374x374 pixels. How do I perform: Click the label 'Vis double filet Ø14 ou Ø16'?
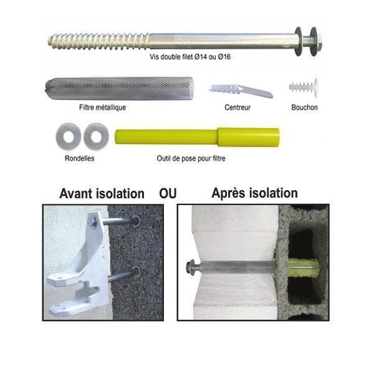[190, 57]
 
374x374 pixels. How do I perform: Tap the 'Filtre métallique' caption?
[103, 107]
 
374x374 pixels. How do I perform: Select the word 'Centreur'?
[237, 107]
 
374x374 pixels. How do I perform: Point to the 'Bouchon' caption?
[304, 107]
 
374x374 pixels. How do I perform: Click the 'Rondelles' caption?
[79, 158]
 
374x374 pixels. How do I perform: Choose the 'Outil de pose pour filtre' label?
[191, 158]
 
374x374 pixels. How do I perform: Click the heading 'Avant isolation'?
[102, 193]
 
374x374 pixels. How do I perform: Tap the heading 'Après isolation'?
[254, 193]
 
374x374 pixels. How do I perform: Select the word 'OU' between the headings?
[168, 193]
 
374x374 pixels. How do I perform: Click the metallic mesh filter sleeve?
[119, 89]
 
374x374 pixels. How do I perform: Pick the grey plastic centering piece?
[241, 90]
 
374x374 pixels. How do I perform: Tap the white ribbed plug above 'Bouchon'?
[304, 87]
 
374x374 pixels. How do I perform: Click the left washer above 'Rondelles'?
[69, 137]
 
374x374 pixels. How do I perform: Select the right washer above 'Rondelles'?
[96, 137]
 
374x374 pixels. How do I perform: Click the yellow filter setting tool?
[197, 137]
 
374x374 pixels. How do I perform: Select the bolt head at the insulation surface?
[190, 268]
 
